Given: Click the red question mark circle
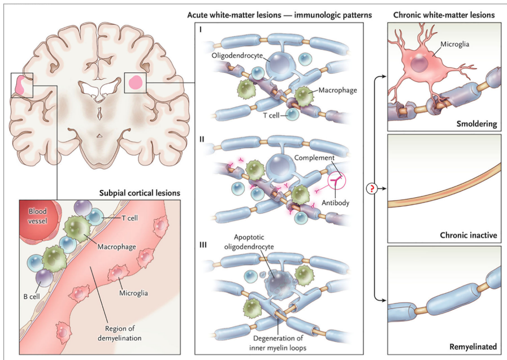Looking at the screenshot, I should [374, 189].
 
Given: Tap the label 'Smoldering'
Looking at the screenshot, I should [477, 123].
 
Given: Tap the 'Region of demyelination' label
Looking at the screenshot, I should [122, 334].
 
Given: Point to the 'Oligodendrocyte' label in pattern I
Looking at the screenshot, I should [237, 56].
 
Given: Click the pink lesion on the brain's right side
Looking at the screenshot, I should [136, 83].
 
